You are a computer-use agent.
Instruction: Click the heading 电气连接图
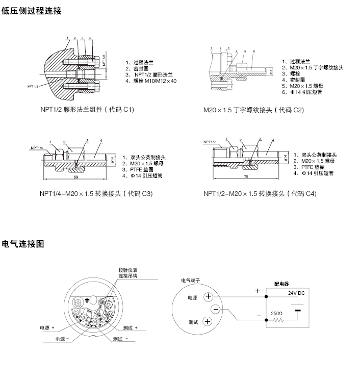coord(23,244)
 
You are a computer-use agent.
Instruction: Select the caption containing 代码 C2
coord(253,110)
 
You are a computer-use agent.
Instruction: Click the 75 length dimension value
coord(246,177)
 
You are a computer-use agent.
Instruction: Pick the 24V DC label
coord(296,293)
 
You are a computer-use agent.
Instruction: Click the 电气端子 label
coord(191,280)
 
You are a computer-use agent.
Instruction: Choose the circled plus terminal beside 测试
coord(208,321)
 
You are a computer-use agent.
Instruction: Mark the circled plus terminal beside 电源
coord(208,297)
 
